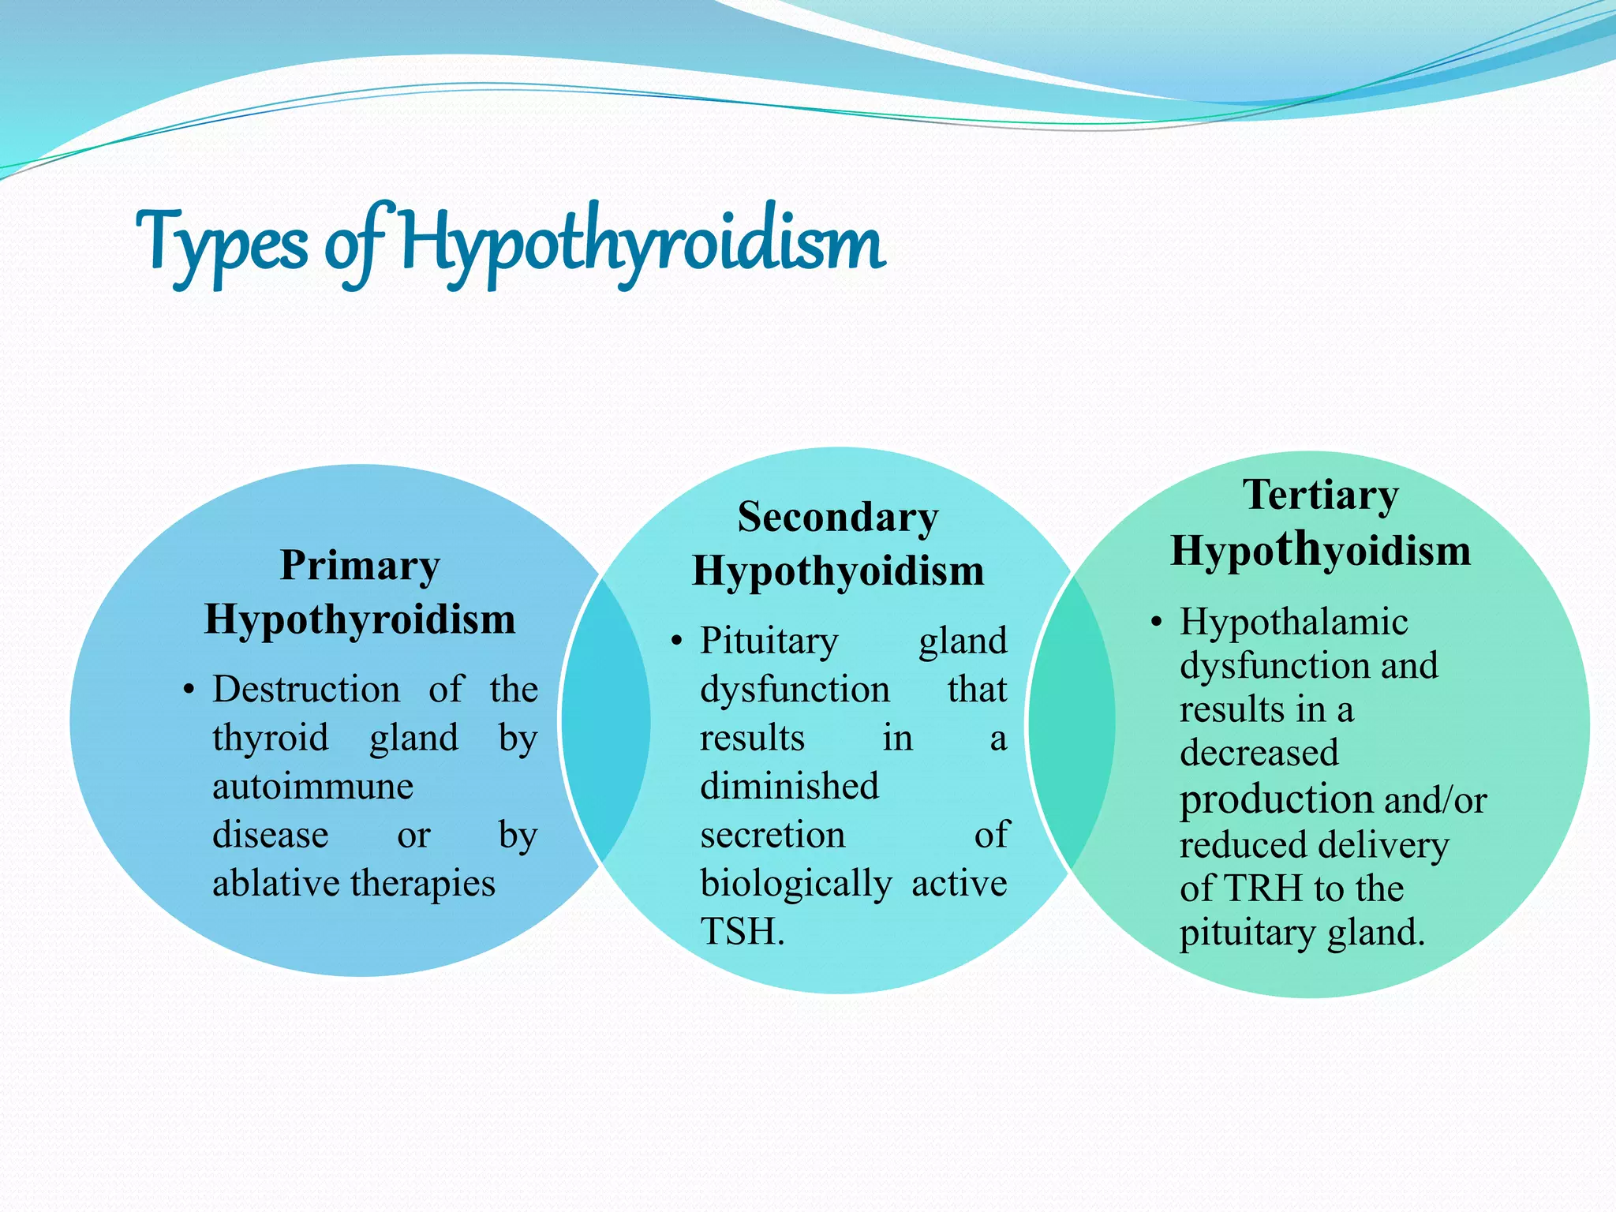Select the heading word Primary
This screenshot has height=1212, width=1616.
coord(360,566)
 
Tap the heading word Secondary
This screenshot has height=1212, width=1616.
coord(838,518)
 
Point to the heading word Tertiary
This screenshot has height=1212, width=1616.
coord(1321,496)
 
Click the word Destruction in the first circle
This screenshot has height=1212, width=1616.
coord(306,689)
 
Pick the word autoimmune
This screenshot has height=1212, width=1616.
coord(312,787)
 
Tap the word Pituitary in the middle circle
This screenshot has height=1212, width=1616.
coord(769,641)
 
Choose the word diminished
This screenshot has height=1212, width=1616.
coord(789,787)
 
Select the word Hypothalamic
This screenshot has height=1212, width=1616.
coord(1294,623)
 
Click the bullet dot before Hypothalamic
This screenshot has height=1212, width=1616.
coord(1156,623)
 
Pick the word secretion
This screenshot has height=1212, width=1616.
coord(772,835)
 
